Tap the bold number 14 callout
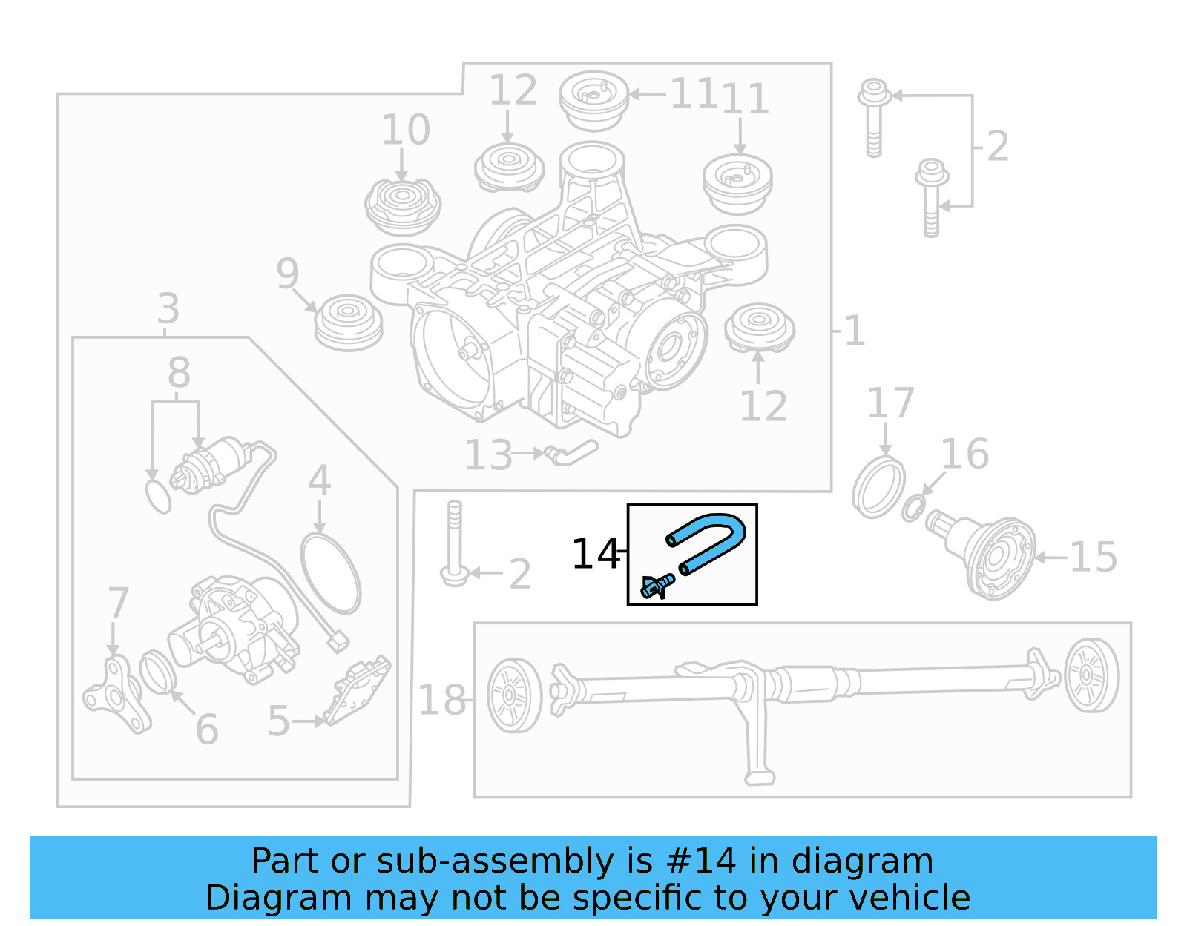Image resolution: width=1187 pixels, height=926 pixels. tap(595, 554)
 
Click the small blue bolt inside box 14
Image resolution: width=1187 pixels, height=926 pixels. tap(656, 586)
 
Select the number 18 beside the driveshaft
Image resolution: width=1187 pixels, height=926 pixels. tap(442, 700)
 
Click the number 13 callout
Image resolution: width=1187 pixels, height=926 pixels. tap(488, 455)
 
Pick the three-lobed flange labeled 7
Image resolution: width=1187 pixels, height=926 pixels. tap(116, 695)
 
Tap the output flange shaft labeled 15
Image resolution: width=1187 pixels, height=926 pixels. tap(990, 556)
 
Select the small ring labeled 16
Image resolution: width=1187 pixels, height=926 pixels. tap(913, 509)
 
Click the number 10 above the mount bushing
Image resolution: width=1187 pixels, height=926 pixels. tap(405, 130)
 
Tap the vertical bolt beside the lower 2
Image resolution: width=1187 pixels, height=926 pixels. tap(454, 541)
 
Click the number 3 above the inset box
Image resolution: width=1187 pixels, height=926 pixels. tap(168, 308)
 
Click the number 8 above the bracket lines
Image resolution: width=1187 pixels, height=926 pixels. tap(179, 372)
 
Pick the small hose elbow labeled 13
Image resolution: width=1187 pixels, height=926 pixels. tap(571, 452)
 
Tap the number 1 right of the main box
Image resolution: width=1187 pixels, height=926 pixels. tap(855, 331)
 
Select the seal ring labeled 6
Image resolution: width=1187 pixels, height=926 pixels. tap(157, 672)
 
